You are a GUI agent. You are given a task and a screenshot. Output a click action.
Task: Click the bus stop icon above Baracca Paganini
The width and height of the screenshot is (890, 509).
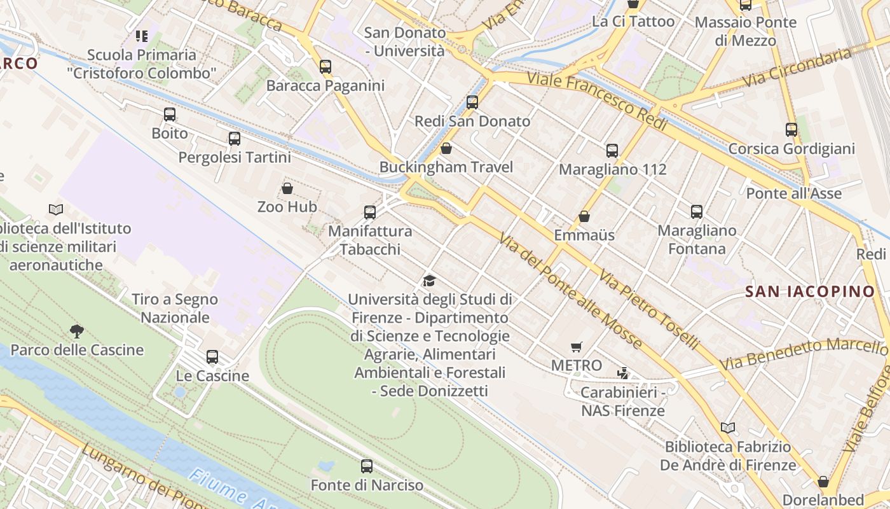pos(325,66)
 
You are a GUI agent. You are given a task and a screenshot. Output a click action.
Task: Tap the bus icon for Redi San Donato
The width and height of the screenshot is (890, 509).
pos(472,102)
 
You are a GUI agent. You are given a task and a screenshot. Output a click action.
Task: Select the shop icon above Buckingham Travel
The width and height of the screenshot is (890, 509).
pos(446,148)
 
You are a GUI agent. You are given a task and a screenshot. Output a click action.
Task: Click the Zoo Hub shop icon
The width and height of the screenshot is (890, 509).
pos(287,188)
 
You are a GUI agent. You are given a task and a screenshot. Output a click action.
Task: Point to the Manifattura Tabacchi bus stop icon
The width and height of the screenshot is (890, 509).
pos(370,212)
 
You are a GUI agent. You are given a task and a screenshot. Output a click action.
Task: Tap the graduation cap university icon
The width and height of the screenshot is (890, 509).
pos(430,281)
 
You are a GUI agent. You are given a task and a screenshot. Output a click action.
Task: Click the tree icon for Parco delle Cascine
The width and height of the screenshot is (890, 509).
pos(77,331)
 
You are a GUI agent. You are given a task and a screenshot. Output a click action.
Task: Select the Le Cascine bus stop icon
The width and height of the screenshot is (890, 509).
pos(212,357)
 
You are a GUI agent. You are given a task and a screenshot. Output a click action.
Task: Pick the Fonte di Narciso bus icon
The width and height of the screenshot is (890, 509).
pos(367,466)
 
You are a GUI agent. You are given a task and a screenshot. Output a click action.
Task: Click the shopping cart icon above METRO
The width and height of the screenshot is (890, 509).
pos(577,347)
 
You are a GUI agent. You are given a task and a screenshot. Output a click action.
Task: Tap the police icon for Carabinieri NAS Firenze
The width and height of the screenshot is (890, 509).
pos(623,373)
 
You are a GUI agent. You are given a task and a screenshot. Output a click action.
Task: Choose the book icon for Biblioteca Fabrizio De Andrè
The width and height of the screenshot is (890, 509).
pos(728,428)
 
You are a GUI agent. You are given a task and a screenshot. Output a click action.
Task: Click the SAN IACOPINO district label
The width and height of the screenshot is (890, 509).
pos(810,292)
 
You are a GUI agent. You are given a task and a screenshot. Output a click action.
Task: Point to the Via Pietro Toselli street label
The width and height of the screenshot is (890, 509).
pos(649,309)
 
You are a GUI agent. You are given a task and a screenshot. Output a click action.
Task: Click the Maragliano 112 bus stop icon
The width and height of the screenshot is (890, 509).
pos(612,151)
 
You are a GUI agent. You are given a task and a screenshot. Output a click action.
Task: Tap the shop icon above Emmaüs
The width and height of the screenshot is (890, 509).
pos(584,216)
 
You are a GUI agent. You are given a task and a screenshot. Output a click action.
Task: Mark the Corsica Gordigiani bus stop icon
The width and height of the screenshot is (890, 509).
pos(791,130)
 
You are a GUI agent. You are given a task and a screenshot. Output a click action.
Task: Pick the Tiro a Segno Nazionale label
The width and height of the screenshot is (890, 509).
pos(175,308)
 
